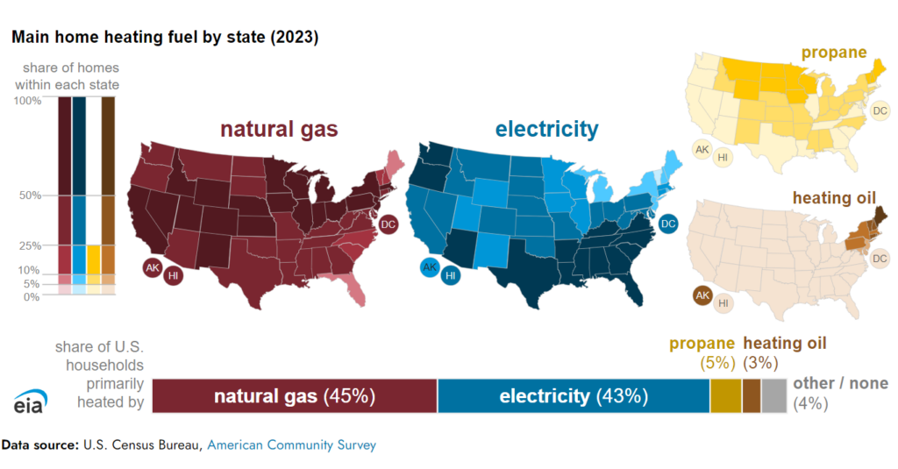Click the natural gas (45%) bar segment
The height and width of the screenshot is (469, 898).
pyautogui.click(x=295, y=395)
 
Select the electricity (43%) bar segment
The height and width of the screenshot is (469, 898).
pyautogui.click(x=574, y=395)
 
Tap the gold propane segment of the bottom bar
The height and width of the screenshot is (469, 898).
pyautogui.click(x=725, y=395)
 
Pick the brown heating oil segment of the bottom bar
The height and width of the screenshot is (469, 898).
pyautogui.click(x=752, y=395)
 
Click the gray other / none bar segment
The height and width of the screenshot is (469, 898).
pyautogui.click(x=774, y=395)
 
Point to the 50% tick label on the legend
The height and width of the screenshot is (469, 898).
pyautogui.click(x=31, y=195)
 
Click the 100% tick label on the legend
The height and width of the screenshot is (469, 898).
pyautogui.click(x=27, y=101)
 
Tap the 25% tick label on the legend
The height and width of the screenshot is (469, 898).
pyautogui.click(x=31, y=246)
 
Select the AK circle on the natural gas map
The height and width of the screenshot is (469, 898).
pyautogui.click(x=153, y=267)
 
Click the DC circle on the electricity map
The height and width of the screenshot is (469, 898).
pyautogui.click(x=667, y=224)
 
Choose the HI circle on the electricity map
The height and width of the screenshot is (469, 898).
pyautogui.click(x=451, y=276)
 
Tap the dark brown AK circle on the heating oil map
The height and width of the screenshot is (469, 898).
pyautogui.click(x=702, y=296)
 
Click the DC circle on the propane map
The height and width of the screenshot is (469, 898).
pyautogui.click(x=880, y=110)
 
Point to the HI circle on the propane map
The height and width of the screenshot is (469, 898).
pyautogui.click(x=723, y=157)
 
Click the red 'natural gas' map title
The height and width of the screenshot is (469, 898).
pyautogui.click(x=279, y=129)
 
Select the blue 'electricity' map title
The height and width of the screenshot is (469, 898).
pyautogui.click(x=547, y=129)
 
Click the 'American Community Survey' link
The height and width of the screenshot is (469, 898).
pyautogui.click(x=291, y=445)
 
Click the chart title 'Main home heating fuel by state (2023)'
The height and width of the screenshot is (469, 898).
pyautogui.click(x=165, y=37)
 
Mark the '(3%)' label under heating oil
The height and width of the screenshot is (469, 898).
pyautogui.click(x=760, y=362)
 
